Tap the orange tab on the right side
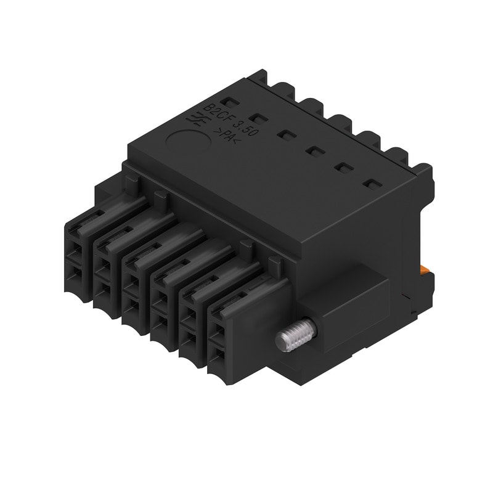(425, 270)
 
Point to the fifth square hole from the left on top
(341, 166)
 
